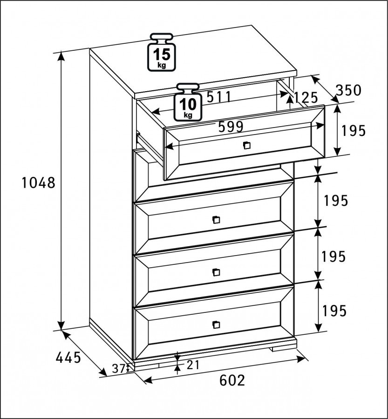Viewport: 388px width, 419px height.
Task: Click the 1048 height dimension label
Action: tap(38, 183)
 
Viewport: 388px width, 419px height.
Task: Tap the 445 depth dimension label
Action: tap(68, 358)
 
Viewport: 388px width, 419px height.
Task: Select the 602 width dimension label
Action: tap(232, 380)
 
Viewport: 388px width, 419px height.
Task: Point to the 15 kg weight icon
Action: tap(162, 52)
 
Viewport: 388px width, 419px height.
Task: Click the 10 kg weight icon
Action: tap(188, 102)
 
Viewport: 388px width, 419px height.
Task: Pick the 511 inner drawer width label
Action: tap(219, 97)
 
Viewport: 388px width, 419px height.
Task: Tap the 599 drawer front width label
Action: tap(231, 127)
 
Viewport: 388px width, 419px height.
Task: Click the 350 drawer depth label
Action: tap(348, 90)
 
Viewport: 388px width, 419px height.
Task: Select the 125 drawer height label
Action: tap(306, 98)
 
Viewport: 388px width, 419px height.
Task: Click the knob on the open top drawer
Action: tap(246, 145)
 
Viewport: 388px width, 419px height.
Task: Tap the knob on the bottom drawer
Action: tap(216, 324)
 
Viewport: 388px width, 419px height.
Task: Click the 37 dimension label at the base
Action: tap(118, 369)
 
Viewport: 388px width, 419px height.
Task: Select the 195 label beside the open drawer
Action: tap(353, 131)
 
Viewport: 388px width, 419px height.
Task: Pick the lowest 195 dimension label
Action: tap(334, 311)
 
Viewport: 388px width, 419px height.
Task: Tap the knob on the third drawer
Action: tap(216, 220)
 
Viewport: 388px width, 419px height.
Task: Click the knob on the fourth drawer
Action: tap(216, 272)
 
